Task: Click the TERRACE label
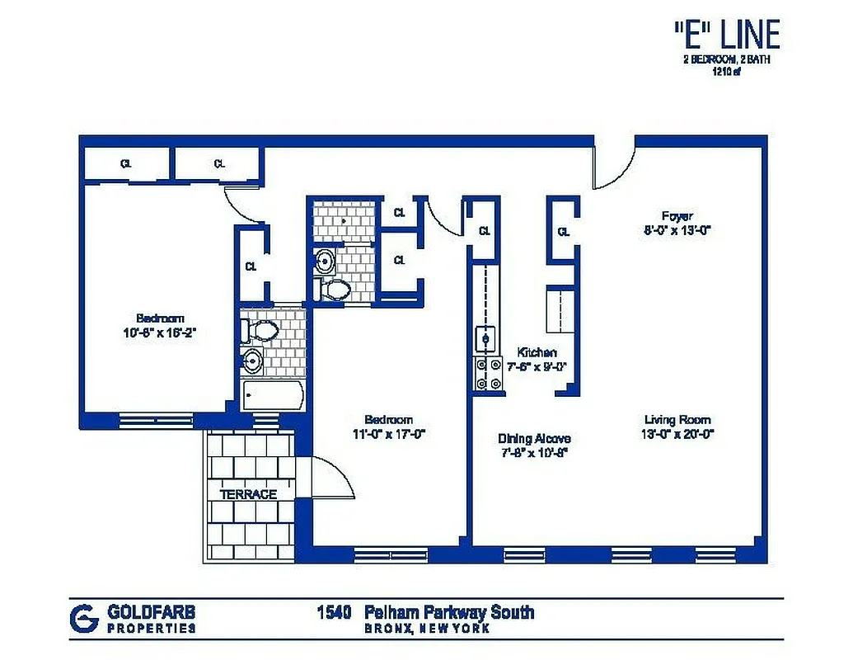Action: tap(248, 494)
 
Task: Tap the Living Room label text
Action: tap(677, 420)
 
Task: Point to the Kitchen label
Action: tap(537, 352)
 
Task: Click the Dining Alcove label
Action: tap(534, 439)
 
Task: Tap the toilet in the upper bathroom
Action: tap(335, 289)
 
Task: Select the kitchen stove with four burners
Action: tap(486, 373)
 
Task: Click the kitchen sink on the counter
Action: tap(485, 337)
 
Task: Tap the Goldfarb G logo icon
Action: tap(84, 618)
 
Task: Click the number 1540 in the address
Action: tap(335, 612)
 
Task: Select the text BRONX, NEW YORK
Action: tap(427, 629)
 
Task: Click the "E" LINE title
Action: tap(725, 36)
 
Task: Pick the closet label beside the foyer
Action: tap(564, 232)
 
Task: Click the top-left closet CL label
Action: tap(126, 163)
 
